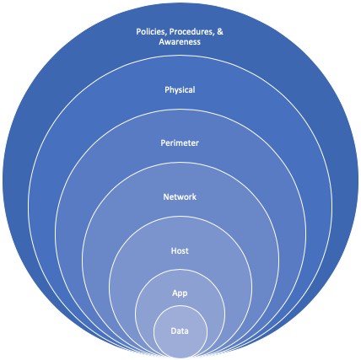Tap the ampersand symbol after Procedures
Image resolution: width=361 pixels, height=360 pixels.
pos(220,31)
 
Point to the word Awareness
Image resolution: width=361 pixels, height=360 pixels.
pos(180,42)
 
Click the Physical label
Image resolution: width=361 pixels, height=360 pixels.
pos(180,90)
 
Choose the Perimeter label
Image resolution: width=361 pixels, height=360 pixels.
pos(180,143)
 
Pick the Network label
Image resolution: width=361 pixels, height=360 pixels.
pos(180,196)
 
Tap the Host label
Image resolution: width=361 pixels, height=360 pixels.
pos(180,250)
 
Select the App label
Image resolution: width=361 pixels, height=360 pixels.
pos(180,293)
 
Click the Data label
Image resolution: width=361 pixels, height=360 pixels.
pos(180,331)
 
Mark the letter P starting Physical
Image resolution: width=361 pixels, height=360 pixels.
pos(167,89)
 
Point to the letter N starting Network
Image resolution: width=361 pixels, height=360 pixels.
pos(166,196)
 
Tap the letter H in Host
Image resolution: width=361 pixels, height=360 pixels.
pos(174,250)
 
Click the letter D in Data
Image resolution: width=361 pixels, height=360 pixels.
pos(174,331)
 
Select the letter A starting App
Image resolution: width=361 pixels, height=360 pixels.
pos(175,293)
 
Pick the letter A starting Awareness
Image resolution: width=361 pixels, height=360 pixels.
pos(162,42)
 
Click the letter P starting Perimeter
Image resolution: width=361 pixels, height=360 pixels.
pos(163,143)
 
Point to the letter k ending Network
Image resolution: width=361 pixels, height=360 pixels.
pos(194,196)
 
